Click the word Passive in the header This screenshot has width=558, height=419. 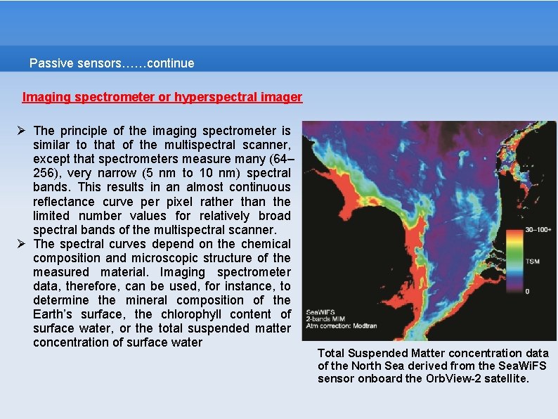[51, 63]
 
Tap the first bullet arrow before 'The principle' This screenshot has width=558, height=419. [22, 131]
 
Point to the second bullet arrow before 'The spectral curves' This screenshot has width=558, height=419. [22, 243]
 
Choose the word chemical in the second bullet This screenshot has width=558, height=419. [266, 243]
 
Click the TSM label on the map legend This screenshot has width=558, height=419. [533, 262]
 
